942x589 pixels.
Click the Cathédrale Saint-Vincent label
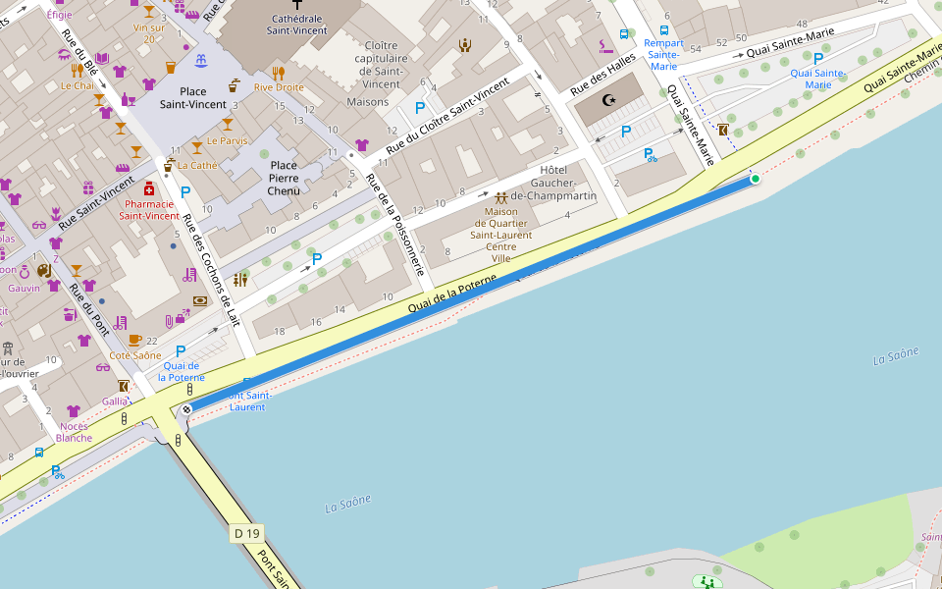pyautogui.click(x=296, y=25)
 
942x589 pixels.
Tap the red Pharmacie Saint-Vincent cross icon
pyautogui.click(x=149, y=188)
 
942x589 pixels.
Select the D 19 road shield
pyautogui.click(x=247, y=533)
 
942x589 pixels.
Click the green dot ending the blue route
pyautogui.click(x=755, y=179)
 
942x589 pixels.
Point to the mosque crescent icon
pyautogui.click(x=608, y=100)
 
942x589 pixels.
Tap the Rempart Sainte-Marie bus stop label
pyautogui.click(x=664, y=54)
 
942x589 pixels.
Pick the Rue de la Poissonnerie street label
pyautogui.click(x=395, y=225)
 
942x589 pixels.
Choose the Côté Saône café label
pyautogui.click(x=134, y=355)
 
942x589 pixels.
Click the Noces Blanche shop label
pyautogui.click(x=74, y=432)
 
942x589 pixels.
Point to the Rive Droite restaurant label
pyautogui.click(x=279, y=87)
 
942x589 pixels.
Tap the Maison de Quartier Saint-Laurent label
pyautogui.click(x=501, y=235)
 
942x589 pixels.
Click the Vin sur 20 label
pyautogui.click(x=149, y=32)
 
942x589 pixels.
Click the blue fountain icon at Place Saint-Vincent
pyautogui.click(x=201, y=62)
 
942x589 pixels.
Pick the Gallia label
pyautogui.click(x=115, y=402)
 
